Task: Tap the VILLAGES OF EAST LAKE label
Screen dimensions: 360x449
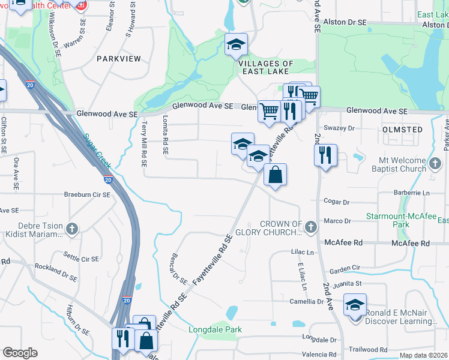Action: (266, 67)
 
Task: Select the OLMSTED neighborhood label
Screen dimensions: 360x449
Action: (402, 129)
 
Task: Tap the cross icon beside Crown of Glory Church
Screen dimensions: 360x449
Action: (310, 227)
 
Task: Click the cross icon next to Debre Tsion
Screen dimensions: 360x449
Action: (71, 229)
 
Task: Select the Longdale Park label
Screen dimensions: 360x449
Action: (215, 329)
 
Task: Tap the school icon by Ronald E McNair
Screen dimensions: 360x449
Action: (355, 305)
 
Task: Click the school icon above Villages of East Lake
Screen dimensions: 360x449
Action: (237, 44)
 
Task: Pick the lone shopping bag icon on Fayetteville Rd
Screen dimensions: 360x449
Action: (275, 175)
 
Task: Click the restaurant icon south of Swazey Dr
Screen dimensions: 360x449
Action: (325, 155)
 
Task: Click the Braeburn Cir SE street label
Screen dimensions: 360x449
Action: (87, 195)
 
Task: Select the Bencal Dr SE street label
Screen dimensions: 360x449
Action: (179, 268)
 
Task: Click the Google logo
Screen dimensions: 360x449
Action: (20, 353)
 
